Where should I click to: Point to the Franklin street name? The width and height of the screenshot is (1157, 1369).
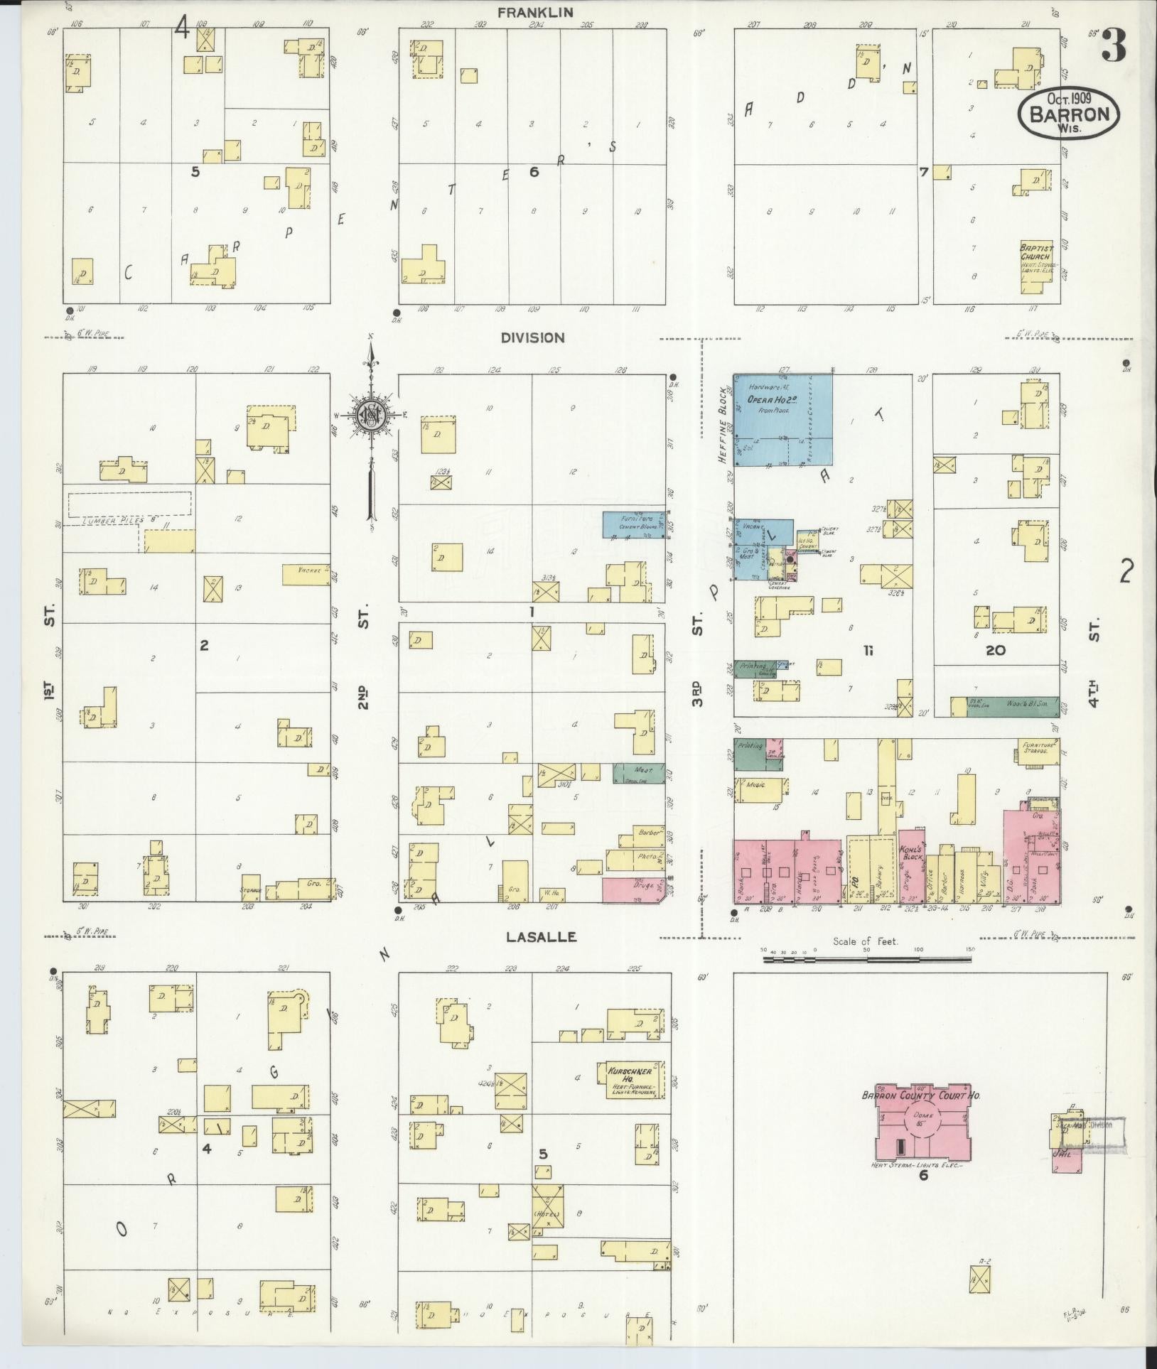(535, 12)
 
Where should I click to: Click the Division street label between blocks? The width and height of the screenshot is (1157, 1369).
(532, 338)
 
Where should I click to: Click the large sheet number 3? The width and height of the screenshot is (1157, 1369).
(1113, 48)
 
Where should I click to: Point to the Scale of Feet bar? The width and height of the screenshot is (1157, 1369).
(866, 960)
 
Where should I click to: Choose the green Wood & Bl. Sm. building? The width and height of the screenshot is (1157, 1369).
(1012, 706)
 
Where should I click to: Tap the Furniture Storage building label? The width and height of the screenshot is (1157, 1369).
(1036, 748)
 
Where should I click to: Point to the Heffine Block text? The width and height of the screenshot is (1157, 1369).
(724, 426)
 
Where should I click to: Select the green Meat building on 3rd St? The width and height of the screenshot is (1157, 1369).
(638, 773)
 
